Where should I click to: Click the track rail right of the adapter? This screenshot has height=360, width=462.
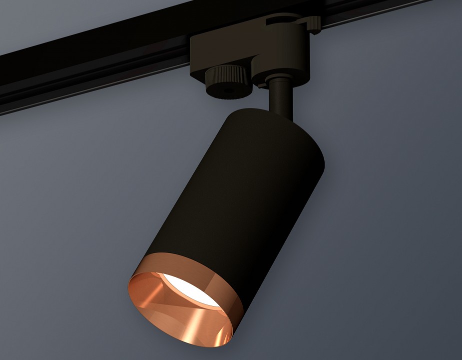tap(380, 12)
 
